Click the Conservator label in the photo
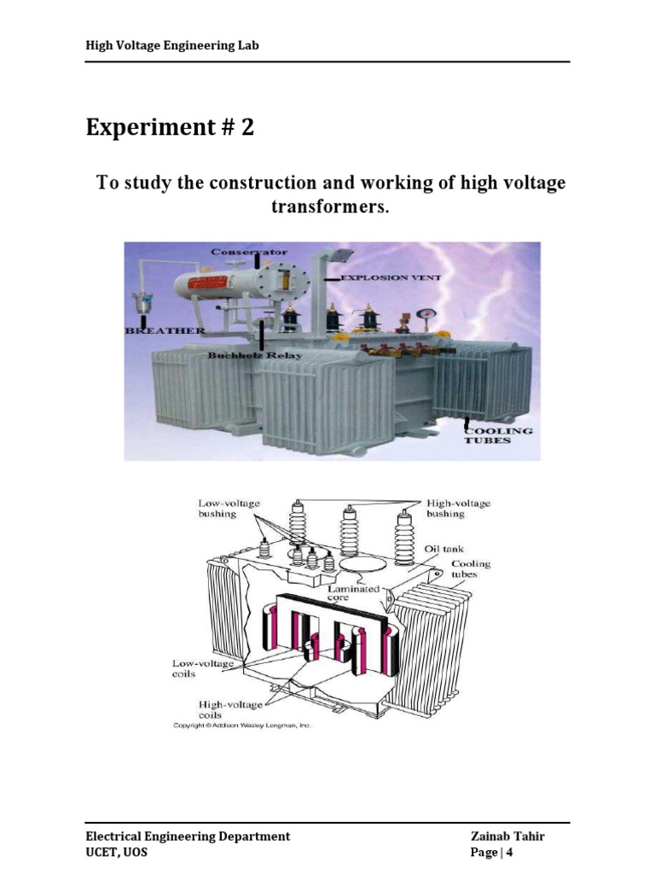pyautogui.click(x=249, y=252)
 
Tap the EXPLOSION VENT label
pyautogui.click(x=391, y=277)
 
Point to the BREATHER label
pyautogui.click(x=165, y=330)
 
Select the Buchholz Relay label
pyautogui.click(x=255, y=355)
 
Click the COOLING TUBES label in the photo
pyautogui.click(x=498, y=435)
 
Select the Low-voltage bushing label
pyautogui.click(x=229, y=509)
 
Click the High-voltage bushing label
pyautogui.click(x=458, y=509)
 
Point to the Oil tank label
pyautogui.click(x=443, y=549)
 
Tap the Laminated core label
pyautogui.click(x=353, y=593)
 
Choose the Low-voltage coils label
pyautogui.click(x=203, y=668)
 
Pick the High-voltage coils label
pyautogui.click(x=230, y=709)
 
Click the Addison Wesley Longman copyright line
pyautogui.click(x=243, y=725)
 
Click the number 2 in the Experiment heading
pyautogui.click(x=247, y=127)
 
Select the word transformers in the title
pyautogui.click(x=330, y=207)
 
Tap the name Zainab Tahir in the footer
pyautogui.click(x=507, y=836)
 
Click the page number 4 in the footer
pyautogui.click(x=509, y=853)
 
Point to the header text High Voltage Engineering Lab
pyautogui.click(x=172, y=45)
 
